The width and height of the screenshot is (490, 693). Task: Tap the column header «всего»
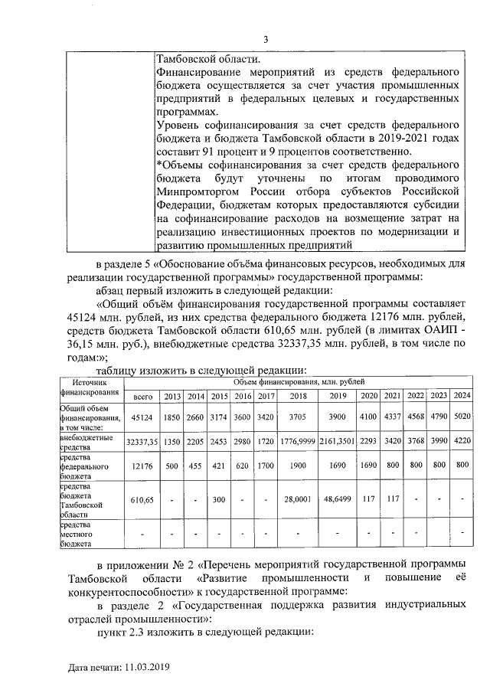tap(144, 396)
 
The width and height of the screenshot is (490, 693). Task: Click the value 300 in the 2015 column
tap(219, 499)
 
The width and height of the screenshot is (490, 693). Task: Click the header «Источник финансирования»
tap(92, 386)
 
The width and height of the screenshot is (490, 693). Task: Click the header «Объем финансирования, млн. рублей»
tap(299, 381)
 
